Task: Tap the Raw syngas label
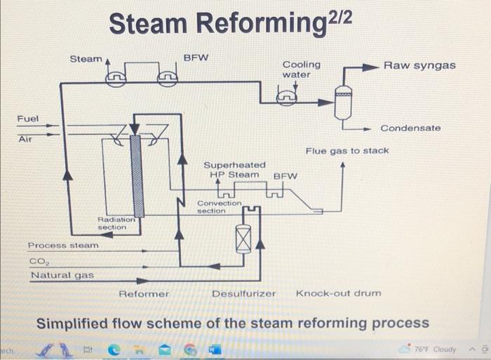pyautogui.click(x=419, y=65)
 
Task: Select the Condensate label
pyautogui.click(x=410, y=128)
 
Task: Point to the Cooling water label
pyautogui.click(x=301, y=69)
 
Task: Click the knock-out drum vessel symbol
pyautogui.click(x=342, y=105)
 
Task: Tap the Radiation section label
pyautogui.click(x=112, y=223)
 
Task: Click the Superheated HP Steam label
pyautogui.click(x=234, y=169)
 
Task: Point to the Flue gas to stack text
pyautogui.click(x=347, y=151)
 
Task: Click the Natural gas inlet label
pyautogui.click(x=62, y=275)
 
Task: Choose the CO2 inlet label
pyautogui.click(x=36, y=261)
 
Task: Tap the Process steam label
pyautogui.click(x=63, y=246)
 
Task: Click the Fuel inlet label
pyautogui.click(x=28, y=119)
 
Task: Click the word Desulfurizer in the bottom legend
pyautogui.click(x=243, y=293)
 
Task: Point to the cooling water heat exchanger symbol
pyautogui.click(x=285, y=99)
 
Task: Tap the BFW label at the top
pyautogui.click(x=196, y=57)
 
